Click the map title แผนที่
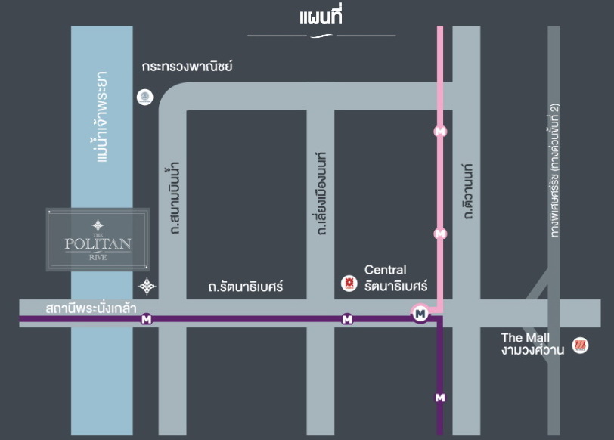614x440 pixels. (x=321, y=16)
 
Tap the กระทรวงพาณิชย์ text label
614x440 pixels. (x=187, y=67)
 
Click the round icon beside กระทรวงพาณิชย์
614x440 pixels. (x=144, y=97)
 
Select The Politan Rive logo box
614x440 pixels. (x=98, y=240)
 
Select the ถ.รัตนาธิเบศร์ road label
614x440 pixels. (x=245, y=287)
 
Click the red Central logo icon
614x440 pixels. (x=349, y=284)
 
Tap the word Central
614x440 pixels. (x=385, y=270)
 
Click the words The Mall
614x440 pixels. (x=526, y=337)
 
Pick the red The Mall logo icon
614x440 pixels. (x=581, y=345)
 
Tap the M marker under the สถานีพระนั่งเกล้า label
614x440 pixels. (x=146, y=320)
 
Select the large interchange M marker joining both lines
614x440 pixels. (x=420, y=312)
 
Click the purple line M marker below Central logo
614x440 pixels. (x=347, y=319)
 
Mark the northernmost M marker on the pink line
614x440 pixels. (x=440, y=131)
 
